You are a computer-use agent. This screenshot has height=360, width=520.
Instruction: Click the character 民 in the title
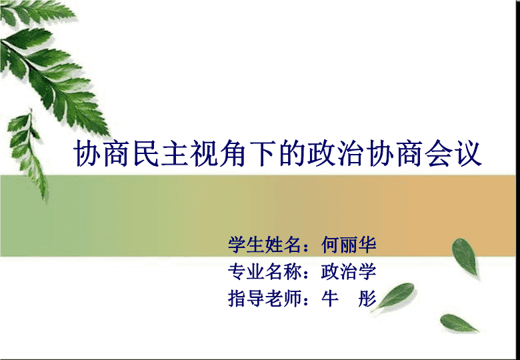click(x=146, y=153)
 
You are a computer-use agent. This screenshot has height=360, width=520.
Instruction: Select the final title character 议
click(x=468, y=153)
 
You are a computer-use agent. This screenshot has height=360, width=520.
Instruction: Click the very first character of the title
click(x=87, y=153)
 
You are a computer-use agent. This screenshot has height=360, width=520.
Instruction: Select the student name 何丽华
click(x=349, y=245)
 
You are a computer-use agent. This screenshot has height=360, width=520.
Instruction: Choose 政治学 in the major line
click(x=349, y=271)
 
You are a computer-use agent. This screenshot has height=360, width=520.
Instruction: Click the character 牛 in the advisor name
click(x=330, y=299)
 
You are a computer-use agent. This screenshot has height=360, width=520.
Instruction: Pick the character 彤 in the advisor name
click(x=367, y=299)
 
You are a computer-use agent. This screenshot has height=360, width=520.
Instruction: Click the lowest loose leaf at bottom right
click(x=459, y=323)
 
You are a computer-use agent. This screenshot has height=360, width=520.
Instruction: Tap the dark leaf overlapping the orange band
click(x=465, y=257)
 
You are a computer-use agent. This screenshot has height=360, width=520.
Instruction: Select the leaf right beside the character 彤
click(x=395, y=296)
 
